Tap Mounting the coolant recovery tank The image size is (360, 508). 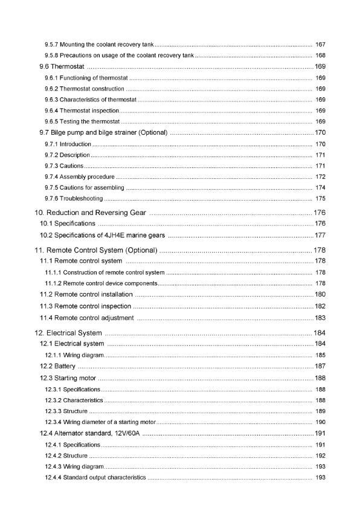[100, 45]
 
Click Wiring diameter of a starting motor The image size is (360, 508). [100, 422]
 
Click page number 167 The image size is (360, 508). [320, 45]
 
